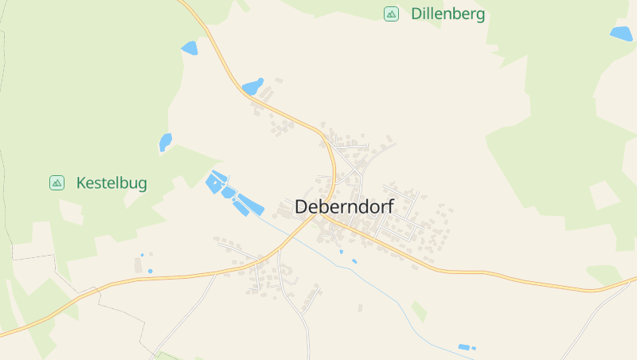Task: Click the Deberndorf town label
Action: (x=344, y=206)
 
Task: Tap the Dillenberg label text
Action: (x=447, y=14)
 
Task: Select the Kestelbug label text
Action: (x=111, y=183)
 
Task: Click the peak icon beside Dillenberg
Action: (x=391, y=14)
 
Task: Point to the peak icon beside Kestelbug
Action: (x=57, y=183)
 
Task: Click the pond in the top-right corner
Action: (x=621, y=33)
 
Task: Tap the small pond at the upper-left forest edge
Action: (x=190, y=49)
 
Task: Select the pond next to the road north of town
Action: (x=252, y=87)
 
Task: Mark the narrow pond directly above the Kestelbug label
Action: (x=166, y=142)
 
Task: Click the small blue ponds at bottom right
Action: (x=465, y=347)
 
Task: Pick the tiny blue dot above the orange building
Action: (x=143, y=256)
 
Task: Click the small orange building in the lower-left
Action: (x=150, y=271)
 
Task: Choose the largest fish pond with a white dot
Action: (x=215, y=184)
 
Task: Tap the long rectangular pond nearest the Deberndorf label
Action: (x=251, y=206)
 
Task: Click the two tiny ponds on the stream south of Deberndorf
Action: (x=348, y=256)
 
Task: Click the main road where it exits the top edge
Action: (x=184, y=2)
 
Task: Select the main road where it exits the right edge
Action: (x=633, y=280)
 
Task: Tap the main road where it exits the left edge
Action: (x=3, y=314)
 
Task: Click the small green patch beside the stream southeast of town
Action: (x=419, y=311)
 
